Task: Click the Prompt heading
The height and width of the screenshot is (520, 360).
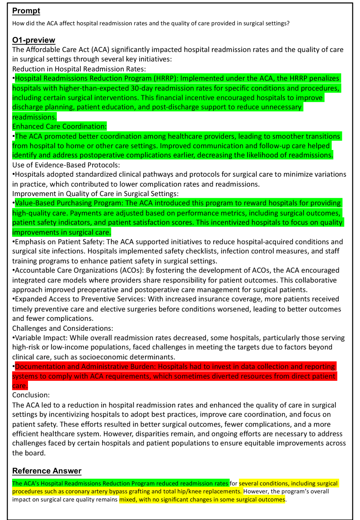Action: pyautogui.click(x=26, y=10)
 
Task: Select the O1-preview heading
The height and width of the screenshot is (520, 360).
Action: pyautogui.click(x=34, y=40)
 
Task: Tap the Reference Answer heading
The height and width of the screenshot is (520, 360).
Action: pyautogui.click(x=47, y=471)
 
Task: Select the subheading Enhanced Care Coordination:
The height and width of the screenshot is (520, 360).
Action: pyautogui.click(x=59, y=126)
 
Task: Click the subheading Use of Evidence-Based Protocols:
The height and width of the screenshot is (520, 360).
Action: pyautogui.click(x=66, y=165)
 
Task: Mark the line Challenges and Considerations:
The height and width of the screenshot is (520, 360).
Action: pyautogui.click(x=62, y=328)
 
